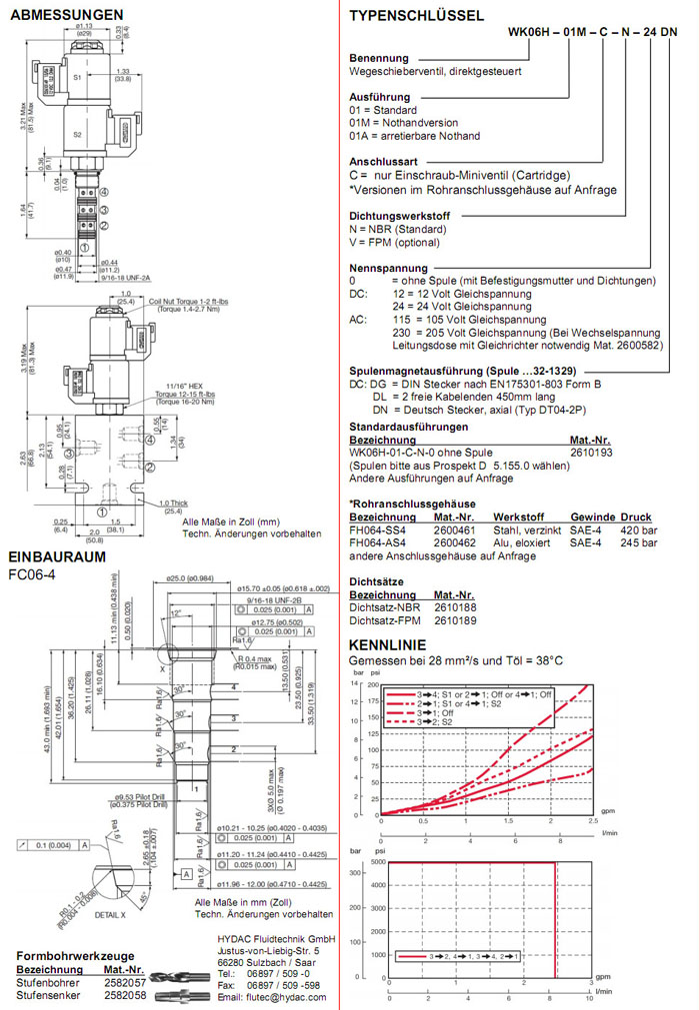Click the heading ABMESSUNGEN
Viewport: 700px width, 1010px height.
click(x=66, y=15)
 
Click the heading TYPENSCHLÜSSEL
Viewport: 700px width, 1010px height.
click(x=417, y=15)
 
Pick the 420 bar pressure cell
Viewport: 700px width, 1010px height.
click(x=637, y=528)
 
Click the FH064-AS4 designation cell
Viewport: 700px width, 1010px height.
click(x=380, y=542)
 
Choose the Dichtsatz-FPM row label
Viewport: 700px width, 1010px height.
click(x=384, y=620)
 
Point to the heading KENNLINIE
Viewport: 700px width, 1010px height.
click(x=386, y=644)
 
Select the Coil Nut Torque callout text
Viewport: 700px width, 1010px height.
click(x=190, y=299)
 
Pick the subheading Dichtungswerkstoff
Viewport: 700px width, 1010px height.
click(x=400, y=216)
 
